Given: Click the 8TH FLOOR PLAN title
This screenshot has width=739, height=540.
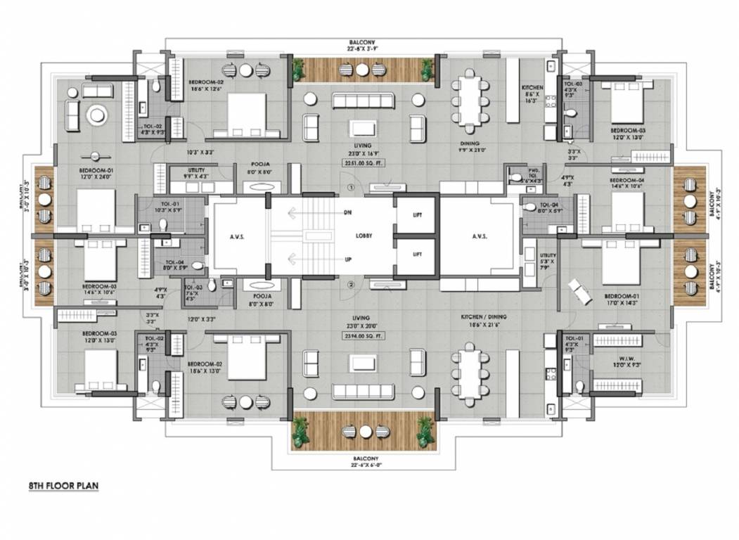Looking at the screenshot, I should click(x=63, y=486).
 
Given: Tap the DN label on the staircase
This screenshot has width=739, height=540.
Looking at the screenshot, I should click(x=347, y=212).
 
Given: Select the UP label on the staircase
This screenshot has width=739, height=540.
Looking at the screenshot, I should click(x=347, y=260).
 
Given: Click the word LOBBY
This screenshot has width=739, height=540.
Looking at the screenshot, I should click(x=364, y=236).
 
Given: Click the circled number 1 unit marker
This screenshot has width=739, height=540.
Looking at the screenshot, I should click(x=351, y=188).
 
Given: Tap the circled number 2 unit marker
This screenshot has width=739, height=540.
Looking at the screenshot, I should click(x=351, y=285).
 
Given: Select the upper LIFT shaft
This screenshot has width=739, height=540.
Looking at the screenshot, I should click(x=416, y=215).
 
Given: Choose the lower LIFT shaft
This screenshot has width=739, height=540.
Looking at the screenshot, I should click(x=416, y=255).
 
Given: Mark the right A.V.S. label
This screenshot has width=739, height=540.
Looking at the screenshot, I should click(x=480, y=237).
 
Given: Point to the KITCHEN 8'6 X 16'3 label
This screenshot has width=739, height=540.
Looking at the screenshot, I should click(x=532, y=94).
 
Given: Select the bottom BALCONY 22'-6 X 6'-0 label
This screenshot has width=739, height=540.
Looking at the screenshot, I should click(x=362, y=461).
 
